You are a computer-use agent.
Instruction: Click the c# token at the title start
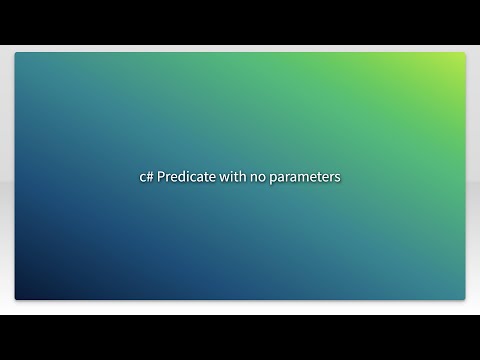tap(146, 176)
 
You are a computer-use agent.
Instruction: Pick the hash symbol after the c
tap(150, 176)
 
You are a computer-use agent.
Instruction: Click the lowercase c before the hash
tap(142, 176)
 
